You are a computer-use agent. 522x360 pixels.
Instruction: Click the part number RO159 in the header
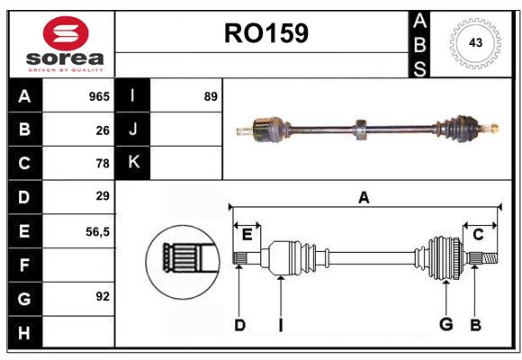[265, 34]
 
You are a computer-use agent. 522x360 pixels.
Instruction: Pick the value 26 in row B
[103, 130]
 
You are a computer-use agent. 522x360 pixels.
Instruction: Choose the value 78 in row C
[103, 164]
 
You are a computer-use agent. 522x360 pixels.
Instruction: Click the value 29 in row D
[103, 196]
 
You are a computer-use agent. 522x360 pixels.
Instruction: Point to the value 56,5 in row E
[97, 231]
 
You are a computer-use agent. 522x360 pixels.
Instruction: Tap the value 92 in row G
[103, 296]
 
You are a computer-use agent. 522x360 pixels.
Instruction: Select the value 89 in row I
[211, 96]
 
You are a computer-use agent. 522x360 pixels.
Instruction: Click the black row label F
[24, 265]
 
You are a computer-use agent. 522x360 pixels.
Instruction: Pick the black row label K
[133, 163]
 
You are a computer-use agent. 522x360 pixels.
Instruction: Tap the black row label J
[133, 130]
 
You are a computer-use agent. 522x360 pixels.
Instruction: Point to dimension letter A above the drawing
[364, 198]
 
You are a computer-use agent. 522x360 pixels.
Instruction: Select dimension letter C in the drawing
[478, 235]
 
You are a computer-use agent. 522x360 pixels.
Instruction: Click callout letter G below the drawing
[445, 325]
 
